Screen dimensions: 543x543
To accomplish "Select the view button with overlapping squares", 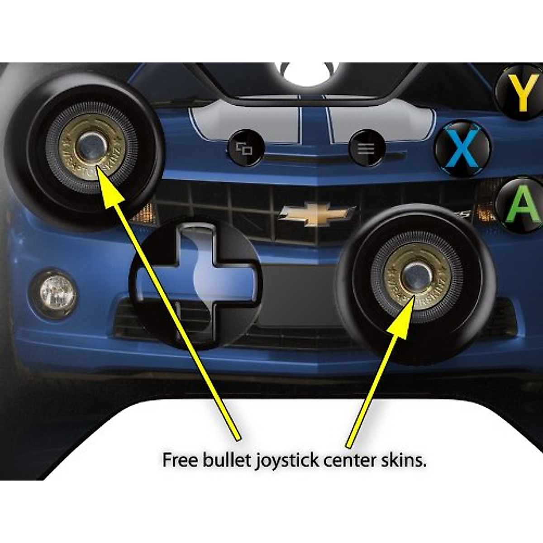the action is (x=245, y=148).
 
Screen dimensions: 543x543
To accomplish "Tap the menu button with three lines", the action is (x=366, y=148).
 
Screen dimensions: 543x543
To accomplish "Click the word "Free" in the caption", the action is (x=181, y=460).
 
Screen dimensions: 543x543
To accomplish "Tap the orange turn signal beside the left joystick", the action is (x=147, y=213).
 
